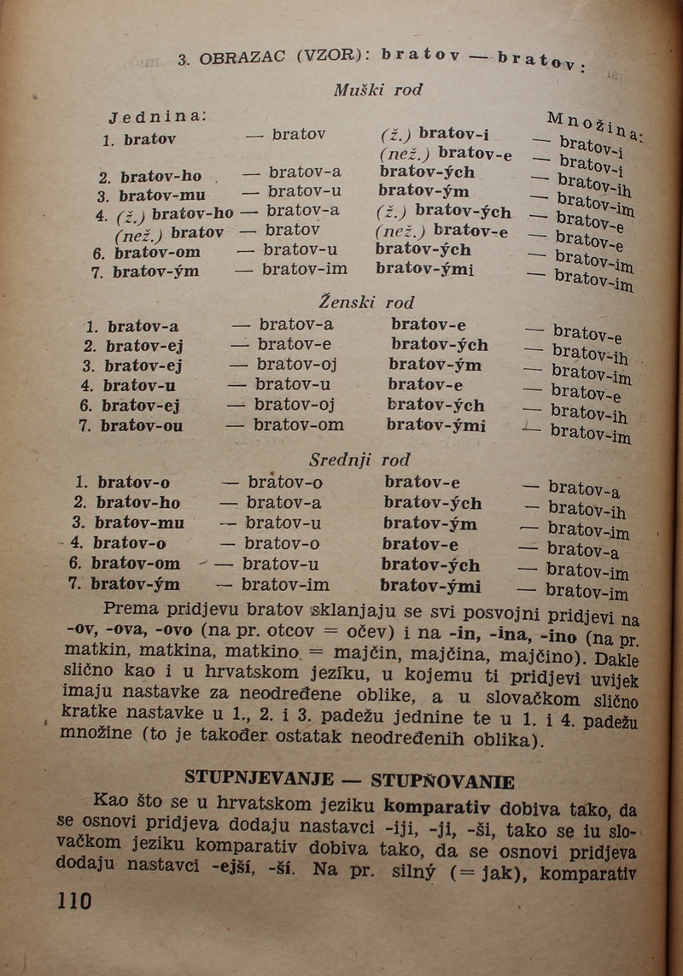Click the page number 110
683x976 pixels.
tap(74, 900)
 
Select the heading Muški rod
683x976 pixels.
tap(377, 90)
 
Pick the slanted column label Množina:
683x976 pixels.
tap(595, 125)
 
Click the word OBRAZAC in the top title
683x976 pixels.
tap(246, 59)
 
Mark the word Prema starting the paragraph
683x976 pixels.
tap(128, 609)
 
